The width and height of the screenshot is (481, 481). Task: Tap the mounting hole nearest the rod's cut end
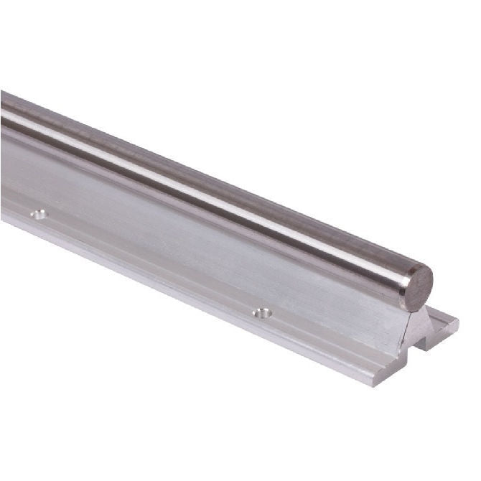tap(262, 312)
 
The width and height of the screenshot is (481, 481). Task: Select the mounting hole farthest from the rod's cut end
tap(39, 213)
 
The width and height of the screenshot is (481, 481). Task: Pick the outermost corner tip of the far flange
tap(459, 322)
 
